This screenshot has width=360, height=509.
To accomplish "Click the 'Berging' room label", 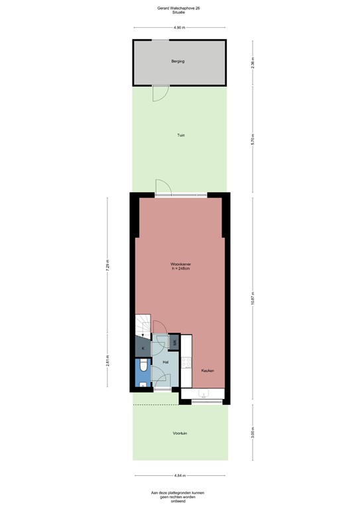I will click(x=177, y=61).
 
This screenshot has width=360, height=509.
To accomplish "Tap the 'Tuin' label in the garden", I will click(x=180, y=135).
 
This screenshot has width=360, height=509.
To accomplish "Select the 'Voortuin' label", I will click(x=180, y=433).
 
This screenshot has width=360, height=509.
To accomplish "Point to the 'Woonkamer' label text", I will click(x=180, y=264).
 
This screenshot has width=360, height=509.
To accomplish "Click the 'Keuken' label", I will click(x=208, y=370).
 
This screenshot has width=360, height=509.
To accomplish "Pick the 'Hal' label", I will click(x=165, y=362).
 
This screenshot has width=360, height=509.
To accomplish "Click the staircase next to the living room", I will click(x=143, y=325).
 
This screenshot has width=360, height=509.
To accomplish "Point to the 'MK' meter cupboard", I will click(x=174, y=342).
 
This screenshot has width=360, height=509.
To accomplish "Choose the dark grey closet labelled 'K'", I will click(x=142, y=347).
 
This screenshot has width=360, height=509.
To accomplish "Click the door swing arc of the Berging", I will click(x=160, y=93).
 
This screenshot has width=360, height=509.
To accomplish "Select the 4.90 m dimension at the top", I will click(x=178, y=28).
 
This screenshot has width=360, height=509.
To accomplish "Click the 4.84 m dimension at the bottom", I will click(x=180, y=476).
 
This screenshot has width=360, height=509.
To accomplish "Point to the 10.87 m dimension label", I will click(x=252, y=300).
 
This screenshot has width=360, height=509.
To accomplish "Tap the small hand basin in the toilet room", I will click(x=143, y=384).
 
